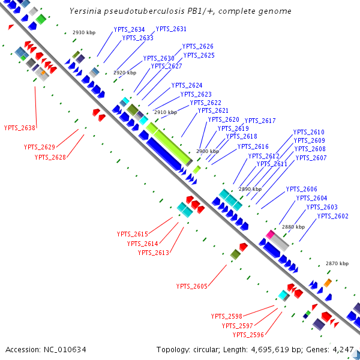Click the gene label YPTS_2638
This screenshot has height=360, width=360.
pyautogui.click(x=20, y=127)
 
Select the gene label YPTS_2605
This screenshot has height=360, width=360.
pyautogui.click(x=191, y=286)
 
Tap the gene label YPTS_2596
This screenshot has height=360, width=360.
pyautogui.click(x=248, y=335)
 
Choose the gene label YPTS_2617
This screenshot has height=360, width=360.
pyautogui.click(x=260, y=121)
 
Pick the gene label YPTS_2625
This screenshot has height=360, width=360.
pyautogui.click(x=199, y=55)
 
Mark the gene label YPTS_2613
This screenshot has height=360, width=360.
pyautogui.click(x=154, y=253)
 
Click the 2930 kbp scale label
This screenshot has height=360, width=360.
pyautogui.click(x=84, y=32)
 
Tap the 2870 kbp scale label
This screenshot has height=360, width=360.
pyautogui.click(x=337, y=263)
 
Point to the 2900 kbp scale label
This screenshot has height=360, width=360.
pyautogui.click(x=207, y=152)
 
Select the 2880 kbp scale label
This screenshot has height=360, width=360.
pyautogui.click(x=293, y=227)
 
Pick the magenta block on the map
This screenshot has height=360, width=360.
pyautogui.click(x=271, y=234)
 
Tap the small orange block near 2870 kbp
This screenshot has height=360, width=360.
pyautogui.click(x=328, y=282)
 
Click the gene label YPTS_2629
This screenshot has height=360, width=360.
pyautogui.click(x=40, y=147)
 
